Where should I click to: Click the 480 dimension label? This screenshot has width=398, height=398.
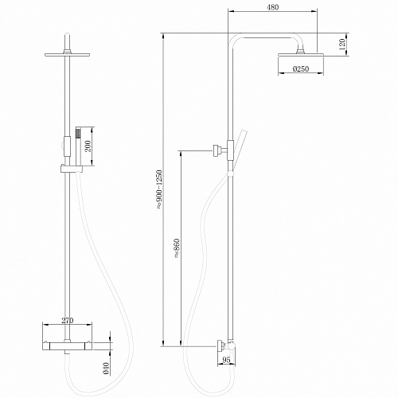tap(272, 7)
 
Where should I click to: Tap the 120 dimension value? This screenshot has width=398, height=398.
tap(341, 45)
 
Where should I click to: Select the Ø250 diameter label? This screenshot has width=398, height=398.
tap(301, 69)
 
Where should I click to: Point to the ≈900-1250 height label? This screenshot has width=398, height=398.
tap(159, 189)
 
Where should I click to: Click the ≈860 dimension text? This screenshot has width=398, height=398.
tap(177, 248)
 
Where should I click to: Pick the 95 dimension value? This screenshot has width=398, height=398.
tap(226, 360)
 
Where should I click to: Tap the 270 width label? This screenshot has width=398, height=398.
tap(68, 320)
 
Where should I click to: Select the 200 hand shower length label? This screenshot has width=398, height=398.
tap(88, 146)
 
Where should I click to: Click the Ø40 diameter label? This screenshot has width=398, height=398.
tap(106, 368)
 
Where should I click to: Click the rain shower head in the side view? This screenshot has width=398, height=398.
tap(301, 55)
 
